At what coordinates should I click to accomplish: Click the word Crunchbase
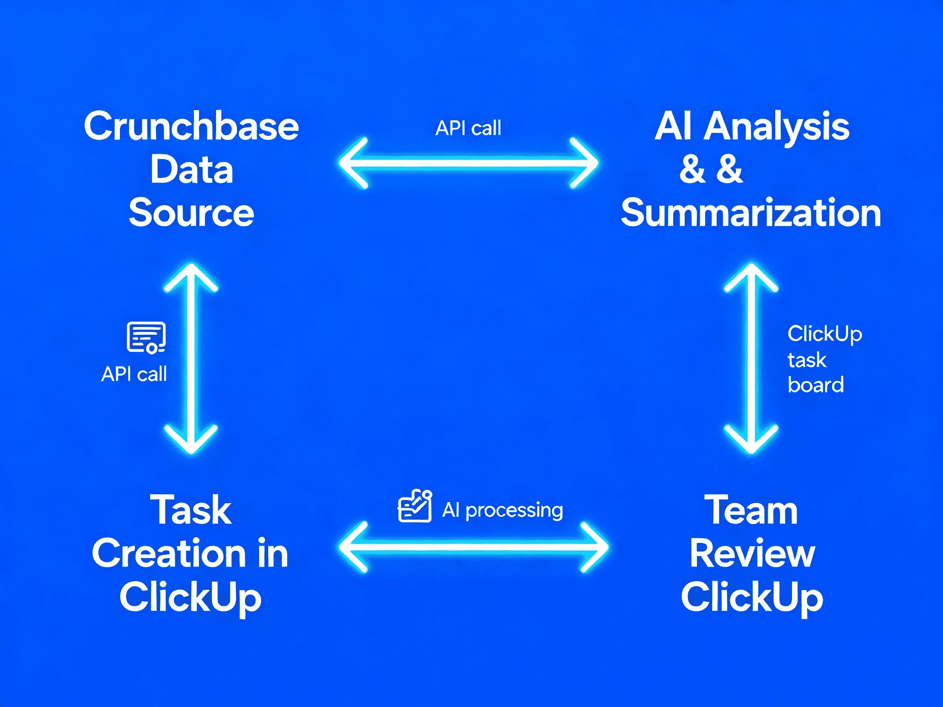point(192,126)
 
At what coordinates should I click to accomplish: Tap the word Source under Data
point(192,213)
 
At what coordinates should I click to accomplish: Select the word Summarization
point(751,213)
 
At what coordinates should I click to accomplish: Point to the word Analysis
point(776,126)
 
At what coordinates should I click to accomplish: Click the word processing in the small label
point(514,511)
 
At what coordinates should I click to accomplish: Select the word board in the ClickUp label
point(816,385)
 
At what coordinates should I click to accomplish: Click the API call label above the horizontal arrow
point(468,128)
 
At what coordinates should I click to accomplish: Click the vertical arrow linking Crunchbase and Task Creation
point(192,358)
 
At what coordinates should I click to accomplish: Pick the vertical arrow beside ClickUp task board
point(751,358)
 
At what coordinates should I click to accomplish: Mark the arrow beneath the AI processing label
point(473,547)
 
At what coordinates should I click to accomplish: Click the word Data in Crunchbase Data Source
point(192,170)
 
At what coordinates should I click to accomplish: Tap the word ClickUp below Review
point(752,597)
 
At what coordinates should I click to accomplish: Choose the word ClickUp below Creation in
point(190,597)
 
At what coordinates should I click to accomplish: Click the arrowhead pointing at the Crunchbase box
point(353,163)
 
